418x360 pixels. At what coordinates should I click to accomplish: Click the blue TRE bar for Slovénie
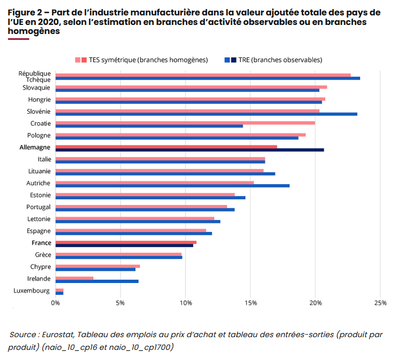point(206,114)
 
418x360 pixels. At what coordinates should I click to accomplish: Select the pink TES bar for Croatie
point(185,123)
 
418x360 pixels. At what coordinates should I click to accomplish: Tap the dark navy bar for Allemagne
point(190,150)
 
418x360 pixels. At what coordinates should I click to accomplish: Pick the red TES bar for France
point(126,242)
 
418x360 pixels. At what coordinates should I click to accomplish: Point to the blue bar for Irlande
point(97,281)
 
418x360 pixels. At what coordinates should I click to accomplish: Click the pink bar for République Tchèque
point(203,75)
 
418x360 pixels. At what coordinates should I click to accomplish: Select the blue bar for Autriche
point(173,185)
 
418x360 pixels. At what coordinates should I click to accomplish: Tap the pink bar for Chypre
point(98,266)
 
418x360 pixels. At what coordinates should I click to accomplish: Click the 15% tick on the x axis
point(251,303)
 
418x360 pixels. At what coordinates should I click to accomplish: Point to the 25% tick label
point(380,303)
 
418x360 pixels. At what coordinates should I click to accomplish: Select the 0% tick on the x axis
point(56,303)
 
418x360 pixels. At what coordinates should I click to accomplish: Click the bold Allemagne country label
point(36,147)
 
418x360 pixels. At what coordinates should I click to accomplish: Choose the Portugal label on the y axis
point(38,207)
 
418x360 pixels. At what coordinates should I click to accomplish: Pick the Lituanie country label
point(39,171)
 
